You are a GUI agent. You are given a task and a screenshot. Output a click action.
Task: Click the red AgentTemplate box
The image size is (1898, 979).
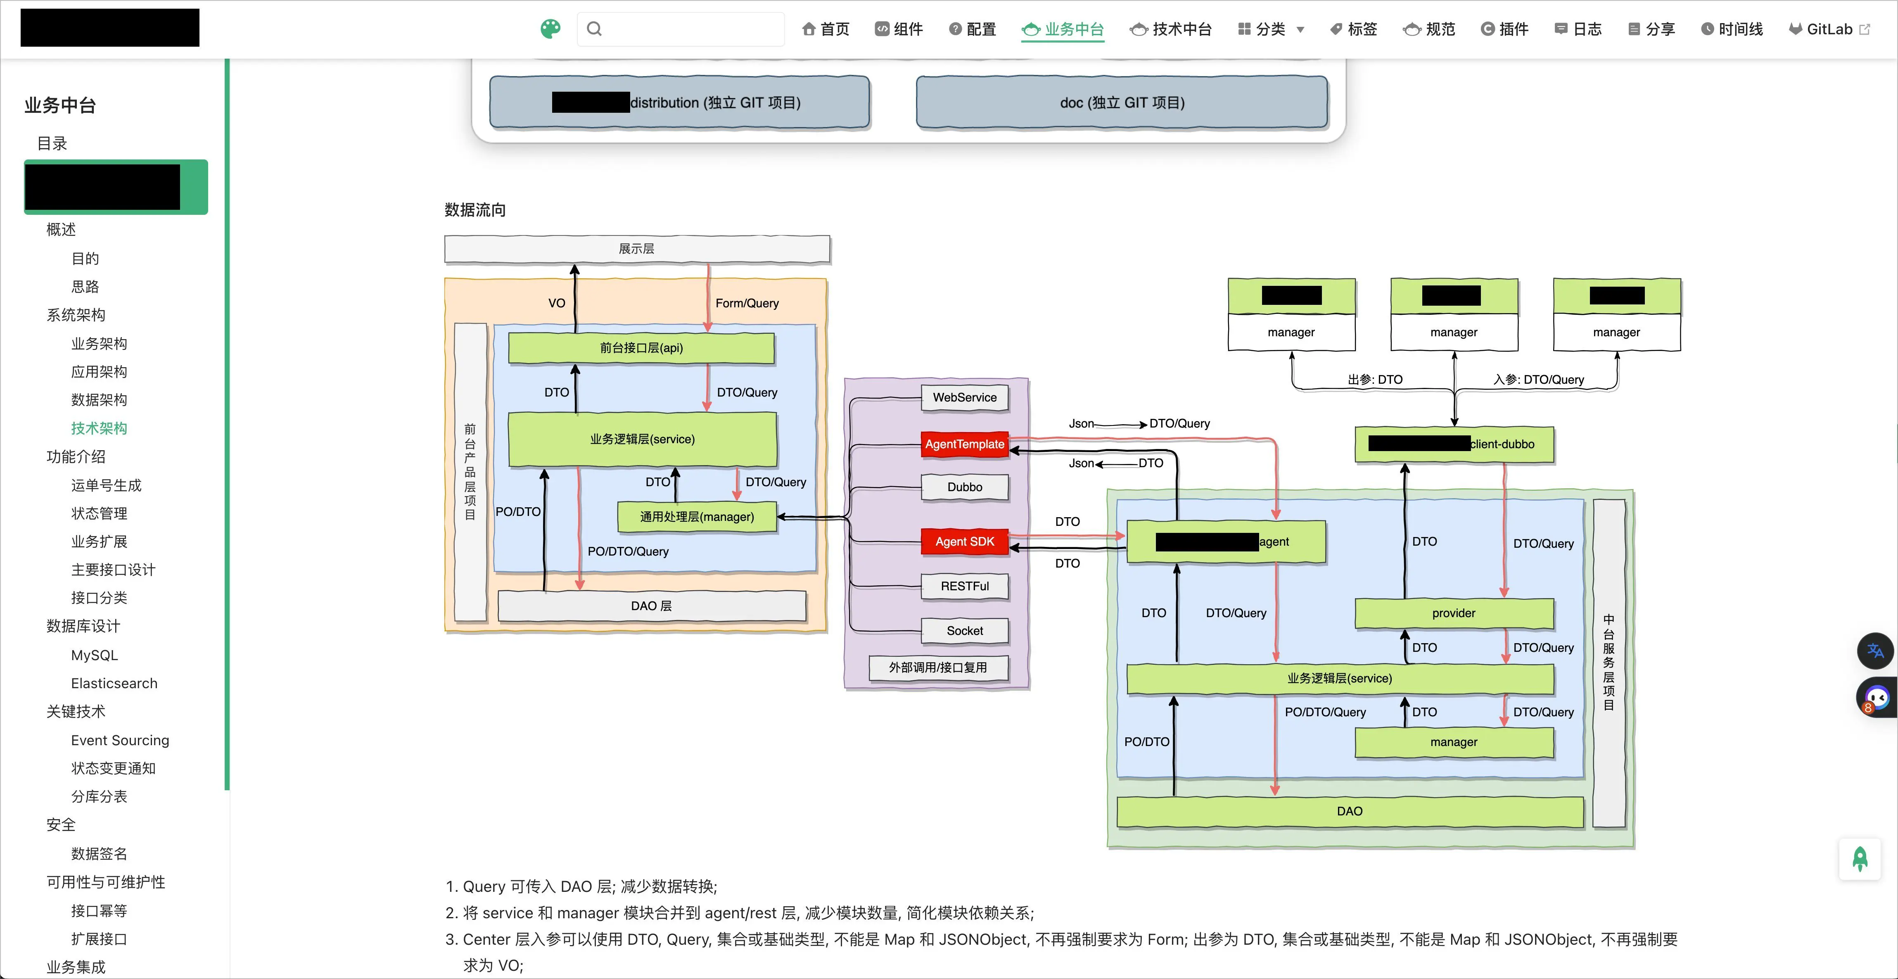[964, 444]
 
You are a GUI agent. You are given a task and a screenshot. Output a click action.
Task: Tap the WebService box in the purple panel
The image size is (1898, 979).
[964, 397]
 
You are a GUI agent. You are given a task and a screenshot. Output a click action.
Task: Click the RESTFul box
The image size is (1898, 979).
[964, 586]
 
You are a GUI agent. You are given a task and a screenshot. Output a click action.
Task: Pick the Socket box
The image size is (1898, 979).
[964, 630]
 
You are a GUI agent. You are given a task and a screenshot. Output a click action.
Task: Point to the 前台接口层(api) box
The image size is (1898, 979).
[641, 348]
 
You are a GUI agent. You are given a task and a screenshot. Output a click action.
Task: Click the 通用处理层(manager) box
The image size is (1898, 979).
[696, 517]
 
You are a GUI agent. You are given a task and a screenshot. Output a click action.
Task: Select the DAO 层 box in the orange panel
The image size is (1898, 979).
[651, 606]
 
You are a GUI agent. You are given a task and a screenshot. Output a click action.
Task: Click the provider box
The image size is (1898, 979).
[1454, 613]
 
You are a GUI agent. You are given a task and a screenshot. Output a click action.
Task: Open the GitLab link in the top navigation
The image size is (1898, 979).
[1829, 29]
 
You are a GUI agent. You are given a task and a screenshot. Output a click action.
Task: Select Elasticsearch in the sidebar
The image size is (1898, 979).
[114, 683]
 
